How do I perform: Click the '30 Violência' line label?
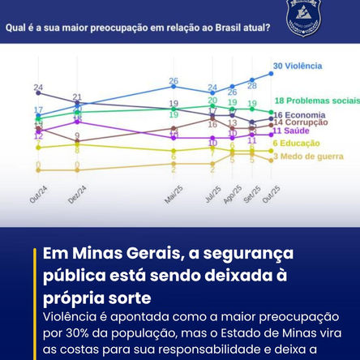point(297,66)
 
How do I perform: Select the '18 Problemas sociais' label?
point(316,100)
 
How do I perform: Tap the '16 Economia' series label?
point(299,115)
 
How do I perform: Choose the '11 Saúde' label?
point(289,131)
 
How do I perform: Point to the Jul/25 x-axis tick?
point(212,199)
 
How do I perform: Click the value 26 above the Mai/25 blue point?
point(174,81)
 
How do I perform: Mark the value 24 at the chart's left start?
point(38,88)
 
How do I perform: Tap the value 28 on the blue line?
point(252,84)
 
